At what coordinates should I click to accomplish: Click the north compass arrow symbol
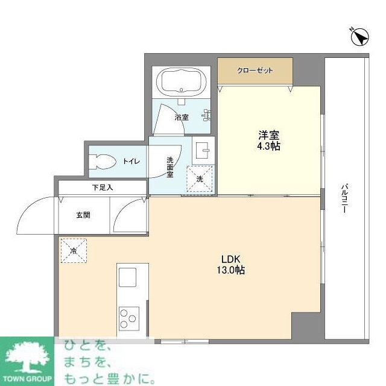point(360,37)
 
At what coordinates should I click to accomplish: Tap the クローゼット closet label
point(255,71)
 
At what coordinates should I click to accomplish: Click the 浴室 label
point(182,117)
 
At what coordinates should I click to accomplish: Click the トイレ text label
point(131,161)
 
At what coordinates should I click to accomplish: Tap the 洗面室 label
point(170,166)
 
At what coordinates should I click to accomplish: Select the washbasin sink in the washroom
point(202,148)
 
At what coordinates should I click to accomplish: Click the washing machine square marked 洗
point(199,178)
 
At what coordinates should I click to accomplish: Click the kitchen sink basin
point(128,278)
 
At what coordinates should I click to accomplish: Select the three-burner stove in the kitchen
point(128,318)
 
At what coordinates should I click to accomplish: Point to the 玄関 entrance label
point(83,215)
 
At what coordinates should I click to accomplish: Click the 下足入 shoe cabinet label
point(102,188)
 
